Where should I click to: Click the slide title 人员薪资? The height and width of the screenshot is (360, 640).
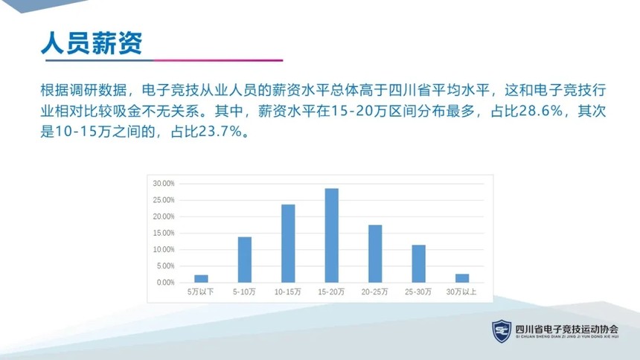tap(92, 43)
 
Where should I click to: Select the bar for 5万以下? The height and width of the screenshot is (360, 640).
tap(201, 279)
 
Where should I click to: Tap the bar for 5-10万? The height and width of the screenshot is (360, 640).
tap(245, 260)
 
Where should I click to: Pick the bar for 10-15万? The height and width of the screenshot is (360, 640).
tap(288, 244)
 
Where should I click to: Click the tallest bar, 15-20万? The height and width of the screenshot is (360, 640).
tap(331, 236)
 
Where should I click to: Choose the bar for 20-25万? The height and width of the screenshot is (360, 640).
tap(375, 254)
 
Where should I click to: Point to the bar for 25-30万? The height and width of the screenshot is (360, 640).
tap(418, 263)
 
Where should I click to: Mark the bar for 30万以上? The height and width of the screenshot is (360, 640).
tap(462, 278)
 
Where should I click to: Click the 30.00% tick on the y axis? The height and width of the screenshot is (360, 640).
tap(163, 184)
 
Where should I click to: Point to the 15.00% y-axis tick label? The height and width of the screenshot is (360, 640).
tap(163, 233)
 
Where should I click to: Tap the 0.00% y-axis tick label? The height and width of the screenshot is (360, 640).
tap(165, 283)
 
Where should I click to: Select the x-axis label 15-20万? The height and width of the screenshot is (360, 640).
tap(331, 292)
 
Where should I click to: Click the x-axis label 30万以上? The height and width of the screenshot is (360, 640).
tap(461, 292)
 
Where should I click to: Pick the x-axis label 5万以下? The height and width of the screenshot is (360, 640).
tap(200, 292)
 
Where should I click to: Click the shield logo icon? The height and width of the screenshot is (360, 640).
tap(502, 331)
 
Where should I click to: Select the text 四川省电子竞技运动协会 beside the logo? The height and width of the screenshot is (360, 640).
tap(566, 329)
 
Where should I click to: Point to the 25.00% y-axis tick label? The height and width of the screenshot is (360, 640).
tap(163, 200)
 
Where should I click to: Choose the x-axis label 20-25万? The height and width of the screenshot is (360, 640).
tap(374, 292)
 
